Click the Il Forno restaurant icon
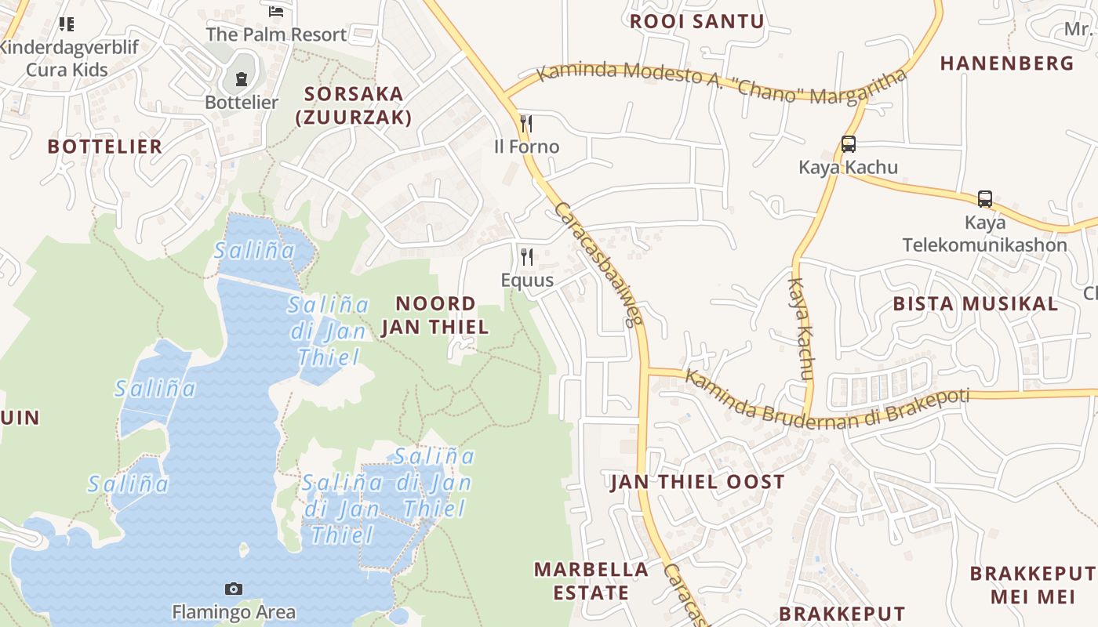click(526, 124)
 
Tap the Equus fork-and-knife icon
click(527, 257)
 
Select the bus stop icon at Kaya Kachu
click(848, 144)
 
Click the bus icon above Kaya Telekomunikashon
click(985, 199)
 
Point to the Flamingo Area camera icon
click(233, 589)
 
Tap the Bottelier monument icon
click(241, 79)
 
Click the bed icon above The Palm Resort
click(275, 11)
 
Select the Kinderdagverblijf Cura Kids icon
click(67, 24)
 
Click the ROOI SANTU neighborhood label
click(697, 21)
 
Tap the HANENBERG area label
click(1007, 63)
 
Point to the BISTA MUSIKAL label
click(976, 303)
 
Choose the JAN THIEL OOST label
click(697, 482)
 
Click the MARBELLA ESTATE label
click(591, 581)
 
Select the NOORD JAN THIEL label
click(435, 315)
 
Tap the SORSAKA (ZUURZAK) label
click(354, 105)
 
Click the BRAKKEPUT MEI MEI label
click(1031, 585)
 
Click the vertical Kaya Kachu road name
click(801, 329)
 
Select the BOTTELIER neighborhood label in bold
click(105, 146)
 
